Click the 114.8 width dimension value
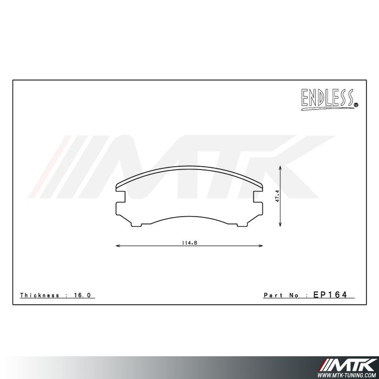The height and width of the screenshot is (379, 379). pyautogui.click(x=190, y=242)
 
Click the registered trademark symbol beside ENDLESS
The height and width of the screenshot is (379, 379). pyautogui.click(x=355, y=105)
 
